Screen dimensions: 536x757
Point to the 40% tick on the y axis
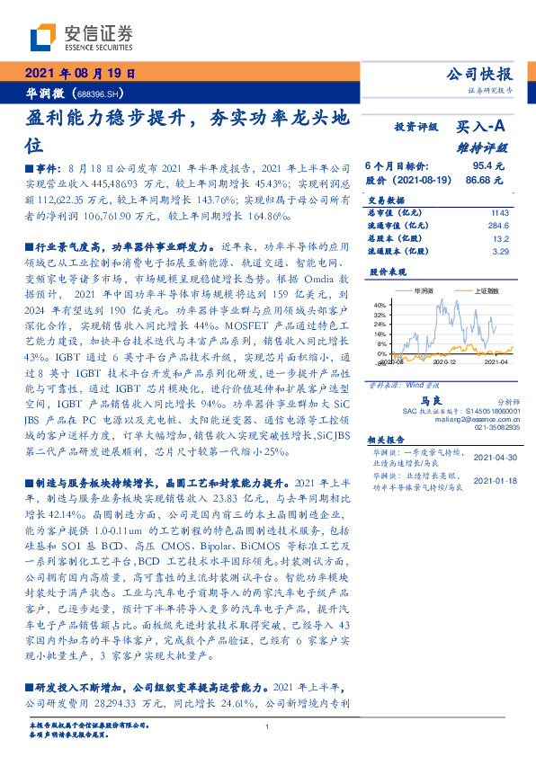379,306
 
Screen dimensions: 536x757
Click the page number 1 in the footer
267,728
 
